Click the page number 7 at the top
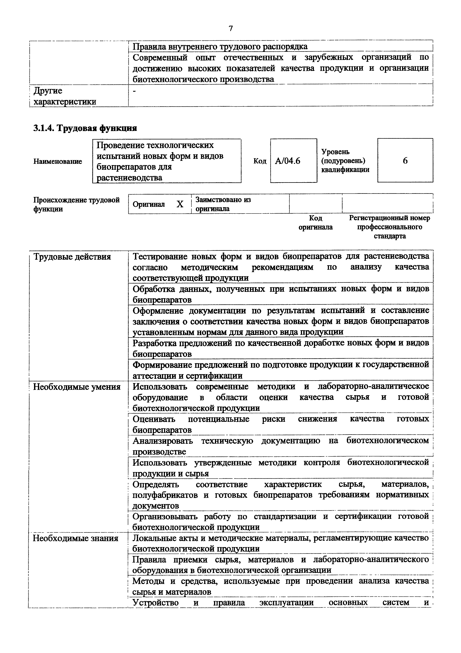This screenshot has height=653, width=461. tap(230, 28)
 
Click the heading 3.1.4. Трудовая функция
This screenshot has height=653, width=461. tap(85, 128)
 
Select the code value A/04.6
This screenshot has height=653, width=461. tap(287, 161)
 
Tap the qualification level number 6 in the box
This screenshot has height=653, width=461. tap(405, 161)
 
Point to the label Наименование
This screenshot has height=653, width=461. tap(58, 161)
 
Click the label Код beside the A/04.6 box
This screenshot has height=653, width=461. tap(260, 161)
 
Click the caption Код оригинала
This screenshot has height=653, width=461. tap(316, 222)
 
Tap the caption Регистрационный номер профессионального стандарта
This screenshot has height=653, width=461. tap(389, 227)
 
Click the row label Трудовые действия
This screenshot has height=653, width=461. tap(72, 257)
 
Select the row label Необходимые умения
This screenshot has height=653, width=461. tap(77, 387)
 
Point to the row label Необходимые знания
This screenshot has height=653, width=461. tap(76, 538)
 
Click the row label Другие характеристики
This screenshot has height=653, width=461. tap(65, 96)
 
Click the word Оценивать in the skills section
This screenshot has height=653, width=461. tap(154, 419)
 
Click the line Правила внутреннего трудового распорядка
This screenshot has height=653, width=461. tap(220, 46)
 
